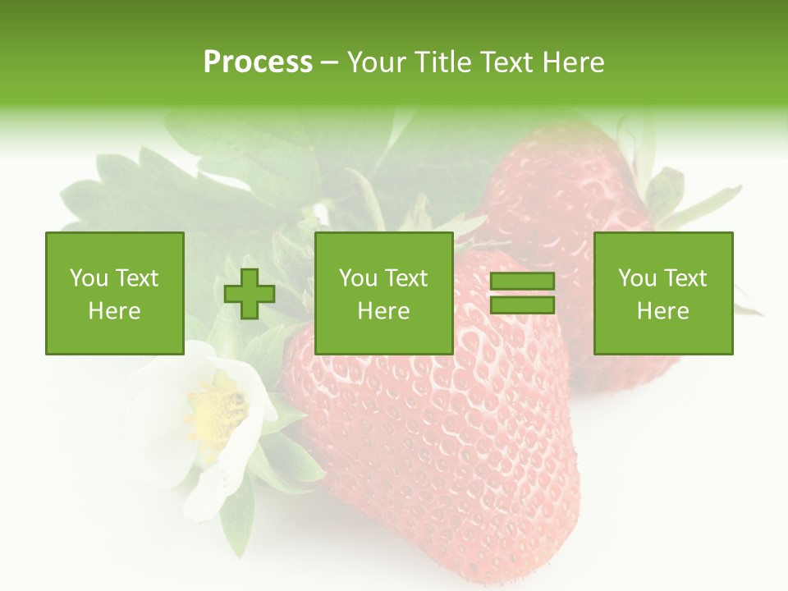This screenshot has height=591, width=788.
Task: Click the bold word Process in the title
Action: point(258,62)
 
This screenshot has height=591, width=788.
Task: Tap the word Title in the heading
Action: point(444,62)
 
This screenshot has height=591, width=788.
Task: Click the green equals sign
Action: point(522,294)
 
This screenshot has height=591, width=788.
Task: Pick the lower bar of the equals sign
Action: point(522,305)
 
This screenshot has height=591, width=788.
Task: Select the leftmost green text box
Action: point(114,293)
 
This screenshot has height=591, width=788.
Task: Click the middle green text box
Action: point(383,293)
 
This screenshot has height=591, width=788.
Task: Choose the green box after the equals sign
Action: point(662,293)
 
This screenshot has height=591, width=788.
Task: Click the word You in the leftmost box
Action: point(89,278)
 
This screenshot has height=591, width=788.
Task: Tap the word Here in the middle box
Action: point(383,311)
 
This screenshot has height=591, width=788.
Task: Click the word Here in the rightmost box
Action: point(662,311)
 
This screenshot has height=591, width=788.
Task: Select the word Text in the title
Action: point(505,62)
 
